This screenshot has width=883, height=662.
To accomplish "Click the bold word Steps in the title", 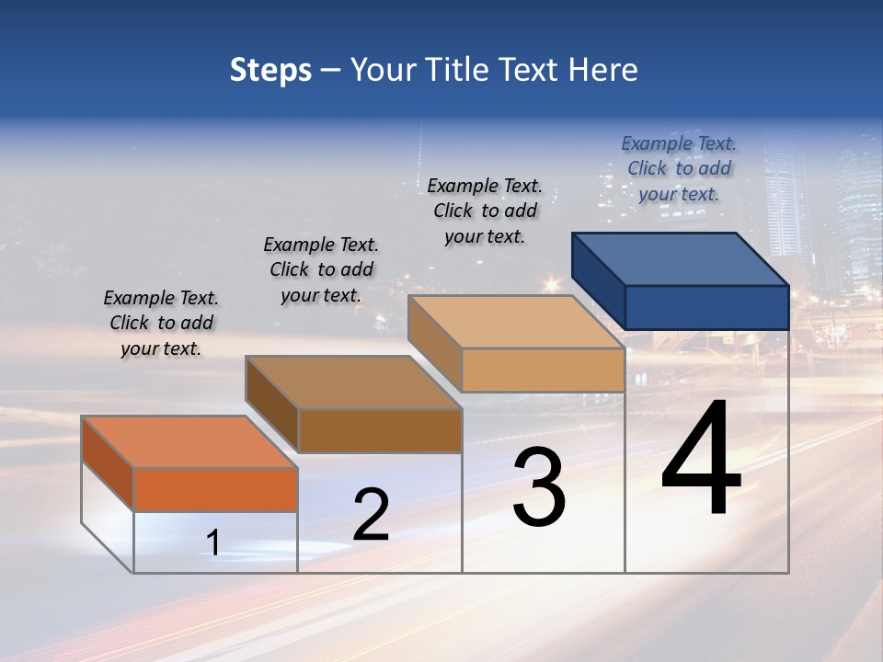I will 270,70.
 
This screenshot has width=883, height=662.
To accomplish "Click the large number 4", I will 701,459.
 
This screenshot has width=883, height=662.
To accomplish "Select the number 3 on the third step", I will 539,487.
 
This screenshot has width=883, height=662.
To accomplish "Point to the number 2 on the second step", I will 371,515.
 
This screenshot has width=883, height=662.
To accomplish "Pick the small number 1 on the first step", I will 213,543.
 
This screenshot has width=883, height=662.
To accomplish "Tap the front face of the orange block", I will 215,489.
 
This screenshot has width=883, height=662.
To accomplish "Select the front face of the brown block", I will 380,430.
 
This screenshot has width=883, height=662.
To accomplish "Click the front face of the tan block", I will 543,370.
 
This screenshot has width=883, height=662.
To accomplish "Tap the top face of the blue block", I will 681,258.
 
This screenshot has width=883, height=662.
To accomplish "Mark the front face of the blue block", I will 706,307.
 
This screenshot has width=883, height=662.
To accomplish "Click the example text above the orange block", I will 161,323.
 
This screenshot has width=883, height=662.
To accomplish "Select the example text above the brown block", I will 321,269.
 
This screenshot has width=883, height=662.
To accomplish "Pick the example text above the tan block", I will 485,211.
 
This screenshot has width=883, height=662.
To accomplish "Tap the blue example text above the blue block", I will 679,168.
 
